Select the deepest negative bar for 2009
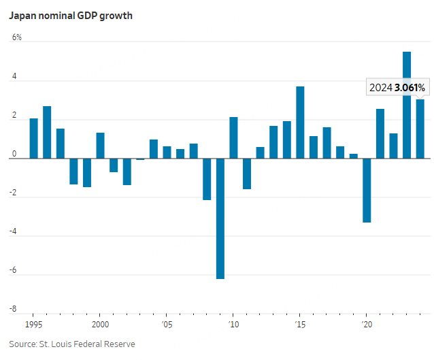[220, 218]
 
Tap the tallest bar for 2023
[406, 105]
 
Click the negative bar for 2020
[367, 191]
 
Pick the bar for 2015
[300, 122]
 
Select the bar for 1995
[33, 139]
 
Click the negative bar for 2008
[207, 179]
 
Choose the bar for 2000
[100, 146]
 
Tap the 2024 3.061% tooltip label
[397, 87]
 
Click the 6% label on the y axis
[16, 37]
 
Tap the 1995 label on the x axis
[33, 325]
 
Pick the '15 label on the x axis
[300, 325]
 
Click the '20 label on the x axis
[367, 325]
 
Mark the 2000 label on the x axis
[100, 325]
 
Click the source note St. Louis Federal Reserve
[71, 344]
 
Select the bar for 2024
[420, 129]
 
